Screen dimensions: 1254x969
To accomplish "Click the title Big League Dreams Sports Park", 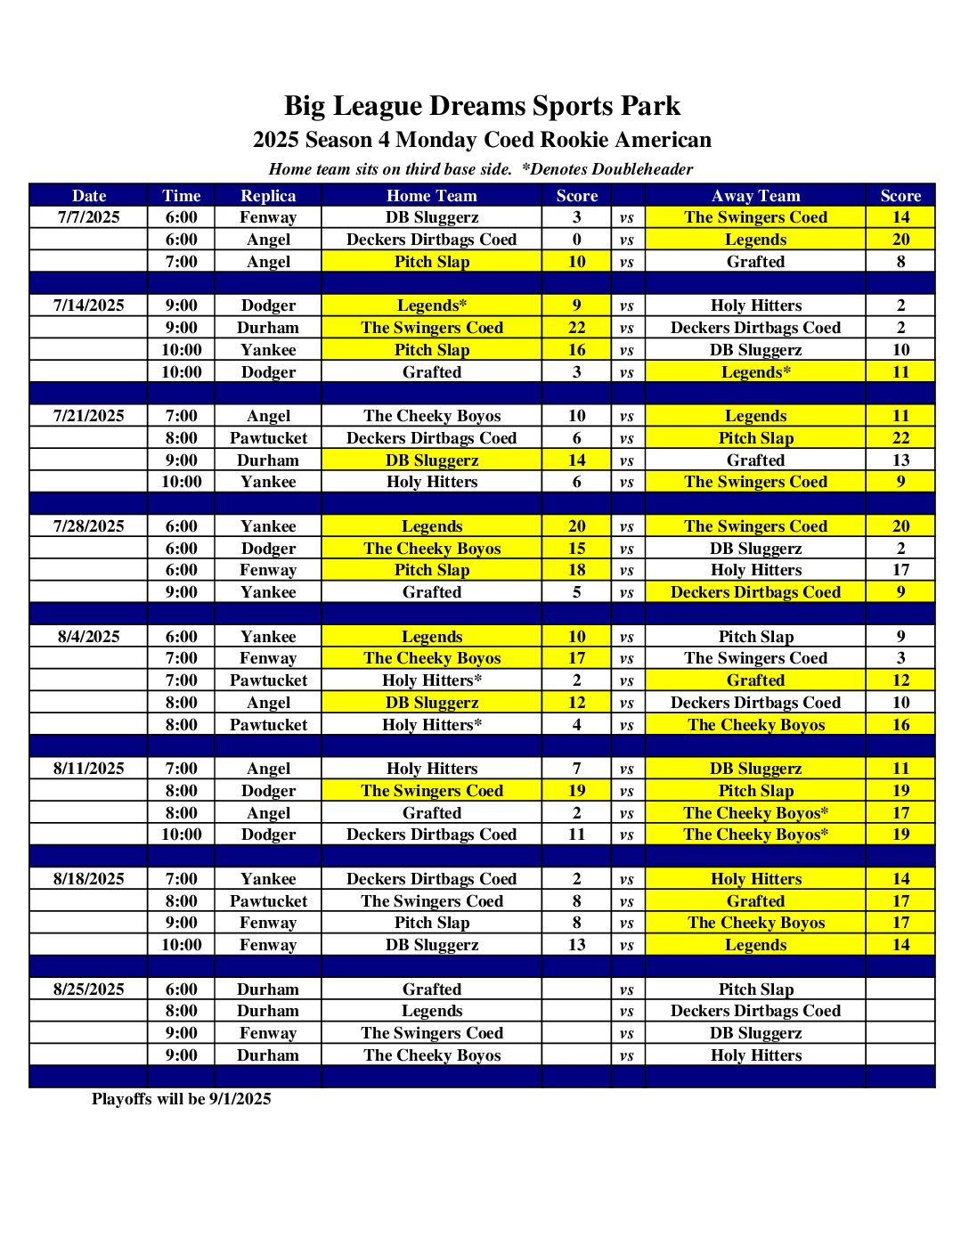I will tap(482, 106).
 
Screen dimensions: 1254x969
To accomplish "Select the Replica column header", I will tap(267, 196).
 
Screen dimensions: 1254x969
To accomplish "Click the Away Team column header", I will tap(755, 196).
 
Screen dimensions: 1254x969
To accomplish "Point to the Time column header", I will tap(181, 196).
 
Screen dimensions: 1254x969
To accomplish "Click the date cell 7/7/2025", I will tap(88, 217).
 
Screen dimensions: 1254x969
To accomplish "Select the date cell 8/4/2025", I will tap(88, 637).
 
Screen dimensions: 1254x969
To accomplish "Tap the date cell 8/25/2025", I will tap(88, 989).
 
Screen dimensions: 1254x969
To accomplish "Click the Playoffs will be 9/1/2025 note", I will tap(181, 1099).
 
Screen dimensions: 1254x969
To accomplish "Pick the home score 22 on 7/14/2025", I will tap(576, 328).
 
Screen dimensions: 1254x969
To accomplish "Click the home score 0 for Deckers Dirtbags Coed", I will tap(576, 240).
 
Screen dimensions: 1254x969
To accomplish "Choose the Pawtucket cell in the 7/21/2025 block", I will tap(267, 438).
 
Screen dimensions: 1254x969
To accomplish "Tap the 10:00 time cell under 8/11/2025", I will tap(181, 835).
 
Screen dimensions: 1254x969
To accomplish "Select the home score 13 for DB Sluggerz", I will tap(576, 945).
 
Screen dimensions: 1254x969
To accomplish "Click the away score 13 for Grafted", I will tap(900, 460).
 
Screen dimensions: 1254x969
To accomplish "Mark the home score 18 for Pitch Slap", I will tap(576, 570).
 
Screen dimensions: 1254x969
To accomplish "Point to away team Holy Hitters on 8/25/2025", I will tap(755, 1055).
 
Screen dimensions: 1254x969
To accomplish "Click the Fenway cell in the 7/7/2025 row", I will tap(267, 217).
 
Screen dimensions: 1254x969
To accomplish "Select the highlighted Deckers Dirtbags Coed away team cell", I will tap(755, 592).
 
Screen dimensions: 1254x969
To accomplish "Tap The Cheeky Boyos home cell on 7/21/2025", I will tap(431, 416).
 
